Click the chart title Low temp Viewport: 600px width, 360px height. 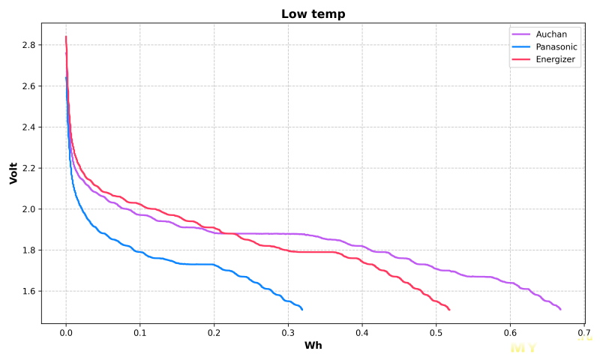pos(313,14)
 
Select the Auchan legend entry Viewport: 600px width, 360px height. pos(551,34)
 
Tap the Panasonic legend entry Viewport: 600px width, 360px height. pos(556,46)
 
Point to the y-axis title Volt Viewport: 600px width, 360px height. pos(13,172)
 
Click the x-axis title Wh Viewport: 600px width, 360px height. pos(313,346)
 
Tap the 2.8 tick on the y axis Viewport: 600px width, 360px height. pos(28,46)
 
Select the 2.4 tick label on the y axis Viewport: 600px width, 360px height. pos(28,127)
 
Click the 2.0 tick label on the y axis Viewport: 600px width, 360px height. pos(28,209)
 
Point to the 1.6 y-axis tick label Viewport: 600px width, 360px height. pos(28,291)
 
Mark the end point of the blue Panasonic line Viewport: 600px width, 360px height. pos(301,309)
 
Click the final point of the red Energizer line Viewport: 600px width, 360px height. pos(448,309)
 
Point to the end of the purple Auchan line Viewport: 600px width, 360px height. pos(560,309)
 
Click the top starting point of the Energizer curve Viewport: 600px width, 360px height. pos(66,37)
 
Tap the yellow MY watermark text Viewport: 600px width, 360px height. pos(523,348)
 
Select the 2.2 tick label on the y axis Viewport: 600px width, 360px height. pos(28,169)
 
